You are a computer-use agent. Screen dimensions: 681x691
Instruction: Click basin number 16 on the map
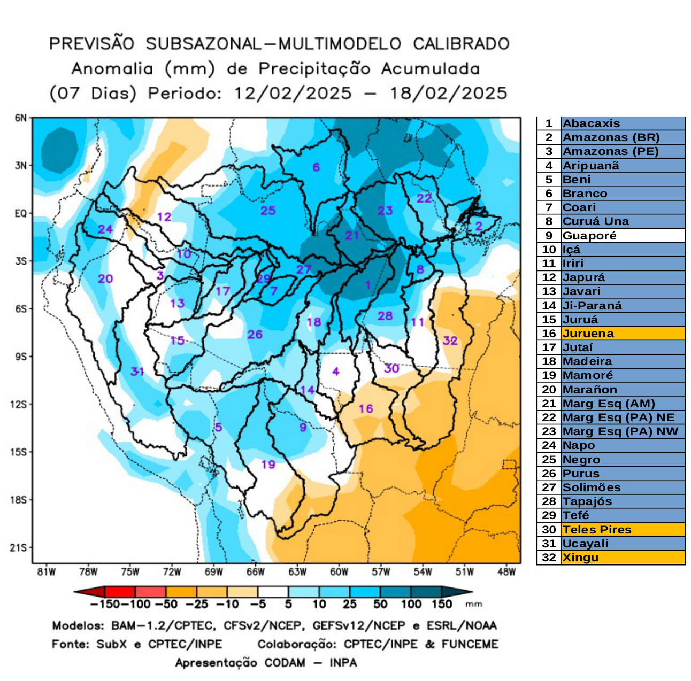tap(366, 409)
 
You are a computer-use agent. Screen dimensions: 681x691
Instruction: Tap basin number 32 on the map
tap(450, 340)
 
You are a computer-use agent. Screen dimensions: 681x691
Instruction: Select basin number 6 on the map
tap(316, 167)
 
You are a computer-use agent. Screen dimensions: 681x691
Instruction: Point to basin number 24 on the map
tap(105, 229)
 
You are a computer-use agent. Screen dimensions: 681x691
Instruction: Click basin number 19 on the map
tap(268, 464)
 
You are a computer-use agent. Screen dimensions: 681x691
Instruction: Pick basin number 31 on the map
tap(137, 371)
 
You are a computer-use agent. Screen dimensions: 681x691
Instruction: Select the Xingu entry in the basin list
tap(580, 558)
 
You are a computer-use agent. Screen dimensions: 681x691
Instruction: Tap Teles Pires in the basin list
tap(597, 530)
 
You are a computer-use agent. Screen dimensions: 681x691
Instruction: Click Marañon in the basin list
tap(589, 390)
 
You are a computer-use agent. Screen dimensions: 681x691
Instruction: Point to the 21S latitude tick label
tap(20, 547)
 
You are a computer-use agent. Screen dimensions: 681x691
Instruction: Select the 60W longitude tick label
tap(339, 572)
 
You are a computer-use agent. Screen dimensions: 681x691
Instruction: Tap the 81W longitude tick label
tap(47, 572)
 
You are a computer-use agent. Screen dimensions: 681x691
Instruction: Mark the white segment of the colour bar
tap(273, 592)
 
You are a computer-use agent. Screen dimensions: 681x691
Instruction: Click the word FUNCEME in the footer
tap(470, 644)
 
